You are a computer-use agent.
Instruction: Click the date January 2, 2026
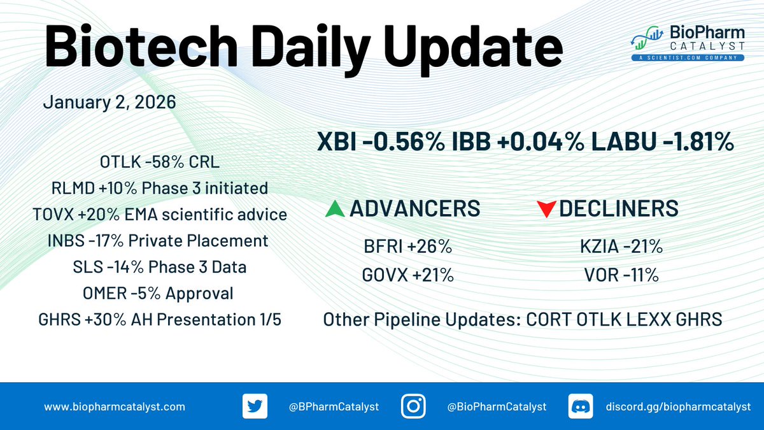coord(109,103)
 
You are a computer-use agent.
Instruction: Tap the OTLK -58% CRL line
coord(160,162)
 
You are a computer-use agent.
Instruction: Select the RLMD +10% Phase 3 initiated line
coord(160,188)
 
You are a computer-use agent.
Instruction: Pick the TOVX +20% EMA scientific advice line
coord(160,215)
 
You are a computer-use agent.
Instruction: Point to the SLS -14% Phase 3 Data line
coord(160,267)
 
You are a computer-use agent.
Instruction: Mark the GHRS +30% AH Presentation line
coord(160,320)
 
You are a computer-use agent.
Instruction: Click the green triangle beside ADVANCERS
coord(335,209)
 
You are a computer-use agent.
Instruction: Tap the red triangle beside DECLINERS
coord(546,210)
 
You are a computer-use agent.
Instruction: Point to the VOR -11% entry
coord(616,275)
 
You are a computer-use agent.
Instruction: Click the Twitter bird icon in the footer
coord(255,406)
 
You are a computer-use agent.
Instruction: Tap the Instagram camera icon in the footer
coord(413,406)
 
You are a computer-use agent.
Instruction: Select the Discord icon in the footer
coord(579,406)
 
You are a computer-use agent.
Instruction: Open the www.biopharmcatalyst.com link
coord(115,406)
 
